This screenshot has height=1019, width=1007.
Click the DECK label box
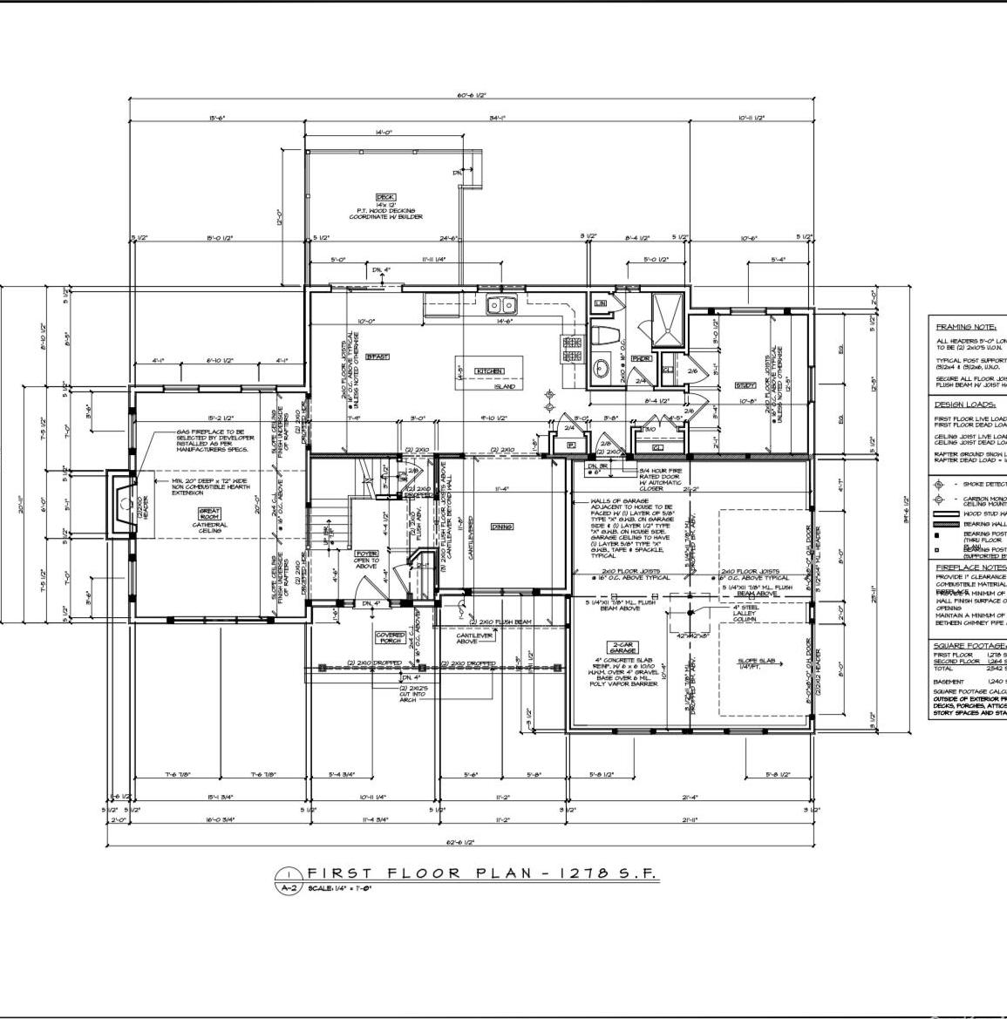(385, 197)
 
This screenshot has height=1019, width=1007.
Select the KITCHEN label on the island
(489, 371)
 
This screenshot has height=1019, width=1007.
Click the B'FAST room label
(377, 357)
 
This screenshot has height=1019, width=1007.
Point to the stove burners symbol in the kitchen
(573, 350)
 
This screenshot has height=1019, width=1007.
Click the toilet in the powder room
(604, 336)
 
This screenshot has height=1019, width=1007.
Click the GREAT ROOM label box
(210, 514)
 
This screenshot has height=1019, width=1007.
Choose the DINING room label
(501, 526)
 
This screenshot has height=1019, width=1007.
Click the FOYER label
(366, 554)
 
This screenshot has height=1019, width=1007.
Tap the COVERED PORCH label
(390, 638)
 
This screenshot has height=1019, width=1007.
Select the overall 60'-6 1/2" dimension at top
(471, 96)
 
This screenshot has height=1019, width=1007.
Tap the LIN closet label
(600, 303)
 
